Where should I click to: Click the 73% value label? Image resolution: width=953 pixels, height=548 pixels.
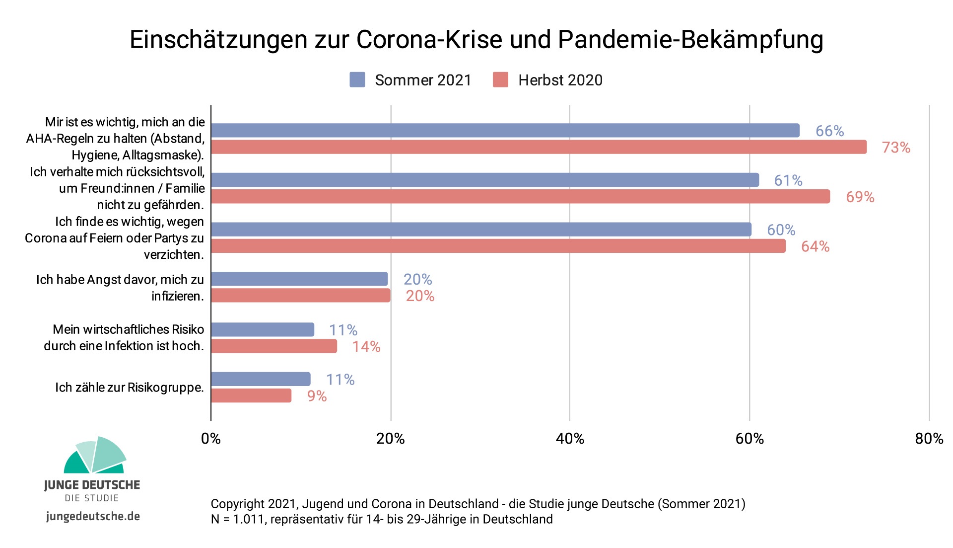[895, 148]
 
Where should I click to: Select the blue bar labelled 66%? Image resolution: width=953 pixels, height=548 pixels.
[505, 131]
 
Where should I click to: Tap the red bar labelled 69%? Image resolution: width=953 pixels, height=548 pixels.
[520, 197]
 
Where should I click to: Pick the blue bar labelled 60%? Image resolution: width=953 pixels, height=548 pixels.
[481, 230]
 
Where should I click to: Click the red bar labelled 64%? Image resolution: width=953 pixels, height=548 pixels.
[498, 246]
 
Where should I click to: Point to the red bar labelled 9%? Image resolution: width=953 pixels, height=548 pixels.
[251, 395]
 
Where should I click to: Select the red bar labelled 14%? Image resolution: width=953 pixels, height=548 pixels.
[274, 346]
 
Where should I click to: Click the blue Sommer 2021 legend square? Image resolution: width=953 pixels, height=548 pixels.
[357, 80]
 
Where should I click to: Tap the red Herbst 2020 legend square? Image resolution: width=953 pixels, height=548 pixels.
[500, 80]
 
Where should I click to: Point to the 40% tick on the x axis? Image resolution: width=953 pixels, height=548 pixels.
[570, 438]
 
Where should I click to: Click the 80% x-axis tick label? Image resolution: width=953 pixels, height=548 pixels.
[929, 438]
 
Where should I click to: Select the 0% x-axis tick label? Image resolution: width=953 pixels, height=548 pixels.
[211, 438]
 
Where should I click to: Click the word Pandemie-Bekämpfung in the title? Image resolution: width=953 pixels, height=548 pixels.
[690, 39]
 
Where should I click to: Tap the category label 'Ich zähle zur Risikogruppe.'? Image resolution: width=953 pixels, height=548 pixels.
[130, 388]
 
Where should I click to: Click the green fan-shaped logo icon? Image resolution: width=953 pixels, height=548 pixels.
[94, 455]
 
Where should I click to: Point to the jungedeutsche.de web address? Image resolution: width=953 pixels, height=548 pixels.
[93, 516]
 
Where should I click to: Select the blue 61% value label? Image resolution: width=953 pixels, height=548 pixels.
[788, 180]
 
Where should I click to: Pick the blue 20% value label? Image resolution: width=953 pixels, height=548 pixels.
[417, 279]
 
